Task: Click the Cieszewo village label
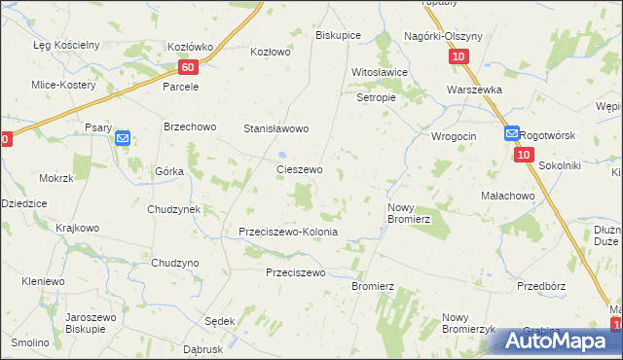pyautogui.click(x=299, y=169)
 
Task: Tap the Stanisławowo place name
pyautogui.click(x=275, y=128)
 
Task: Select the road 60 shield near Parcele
pyautogui.click(x=189, y=67)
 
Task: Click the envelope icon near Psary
pyautogui.click(x=123, y=139)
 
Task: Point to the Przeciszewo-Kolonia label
pyautogui.click(x=288, y=233)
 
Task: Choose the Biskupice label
pyautogui.click(x=338, y=35)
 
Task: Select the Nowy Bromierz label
pyautogui.click(x=409, y=213)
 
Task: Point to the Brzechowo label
pyautogui.click(x=189, y=126)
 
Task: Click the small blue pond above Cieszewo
pyautogui.click(x=281, y=154)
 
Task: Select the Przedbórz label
pyautogui.click(x=542, y=286)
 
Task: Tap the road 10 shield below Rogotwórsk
pyautogui.click(x=524, y=156)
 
